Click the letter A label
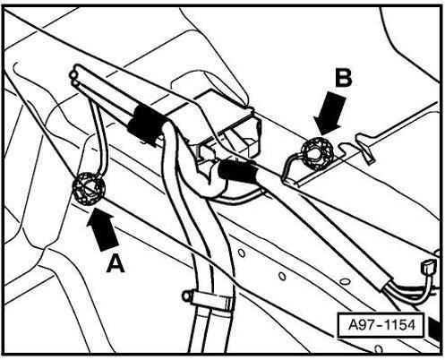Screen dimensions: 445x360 116,263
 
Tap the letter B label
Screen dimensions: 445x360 343,78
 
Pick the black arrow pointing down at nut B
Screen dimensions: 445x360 329,114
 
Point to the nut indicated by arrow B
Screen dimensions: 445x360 316,153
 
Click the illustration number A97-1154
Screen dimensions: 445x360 381,324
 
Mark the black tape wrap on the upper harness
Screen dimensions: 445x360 146,124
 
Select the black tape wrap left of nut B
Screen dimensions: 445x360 238,172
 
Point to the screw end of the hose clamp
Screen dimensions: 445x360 186,296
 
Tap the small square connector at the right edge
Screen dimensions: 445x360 429,267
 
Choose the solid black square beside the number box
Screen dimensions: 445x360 436,329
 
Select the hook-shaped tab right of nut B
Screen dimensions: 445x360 365,146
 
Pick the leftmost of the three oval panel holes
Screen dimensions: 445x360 242,253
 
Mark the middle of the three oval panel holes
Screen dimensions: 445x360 282,276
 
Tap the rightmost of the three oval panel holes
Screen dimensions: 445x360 345,281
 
